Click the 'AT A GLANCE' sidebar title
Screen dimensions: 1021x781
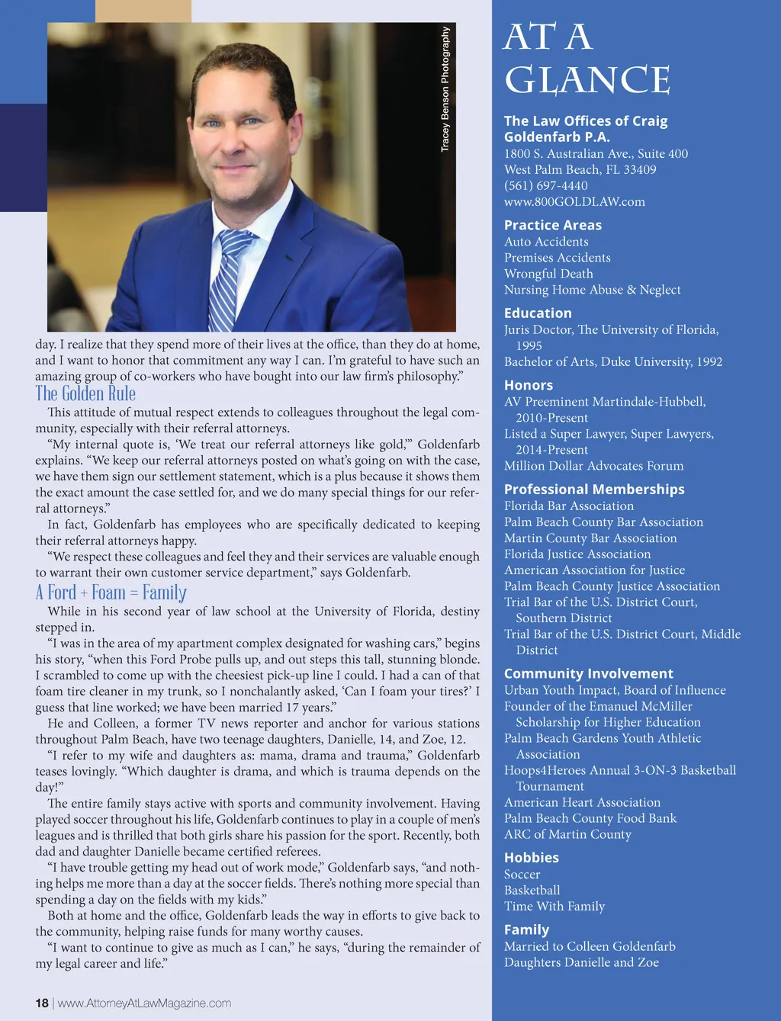tap(587, 59)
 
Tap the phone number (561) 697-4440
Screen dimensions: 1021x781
tap(545, 185)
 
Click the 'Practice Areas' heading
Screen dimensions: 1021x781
tap(552, 225)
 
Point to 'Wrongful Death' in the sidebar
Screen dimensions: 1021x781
tap(548, 273)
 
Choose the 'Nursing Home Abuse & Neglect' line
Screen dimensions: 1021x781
tap(592, 289)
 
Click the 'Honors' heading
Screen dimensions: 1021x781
tap(528, 385)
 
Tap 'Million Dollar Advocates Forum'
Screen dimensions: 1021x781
tap(593, 465)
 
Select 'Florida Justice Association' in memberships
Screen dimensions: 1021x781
tap(577, 554)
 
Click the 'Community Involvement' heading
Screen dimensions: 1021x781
tap(588, 673)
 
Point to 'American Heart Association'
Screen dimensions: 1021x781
tap(582, 801)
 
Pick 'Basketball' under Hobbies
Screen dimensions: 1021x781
tap(532, 890)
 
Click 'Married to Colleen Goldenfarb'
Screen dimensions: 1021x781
tap(590, 946)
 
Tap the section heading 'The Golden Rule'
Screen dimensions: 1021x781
tap(85, 393)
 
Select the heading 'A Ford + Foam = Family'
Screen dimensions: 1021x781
tap(111, 592)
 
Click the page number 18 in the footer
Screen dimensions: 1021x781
tap(42, 1003)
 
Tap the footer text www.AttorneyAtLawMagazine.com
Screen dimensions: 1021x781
tap(144, 1003)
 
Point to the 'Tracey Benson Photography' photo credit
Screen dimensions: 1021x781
tap(445, 89)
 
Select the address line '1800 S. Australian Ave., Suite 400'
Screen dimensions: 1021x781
tap(596, 153)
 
